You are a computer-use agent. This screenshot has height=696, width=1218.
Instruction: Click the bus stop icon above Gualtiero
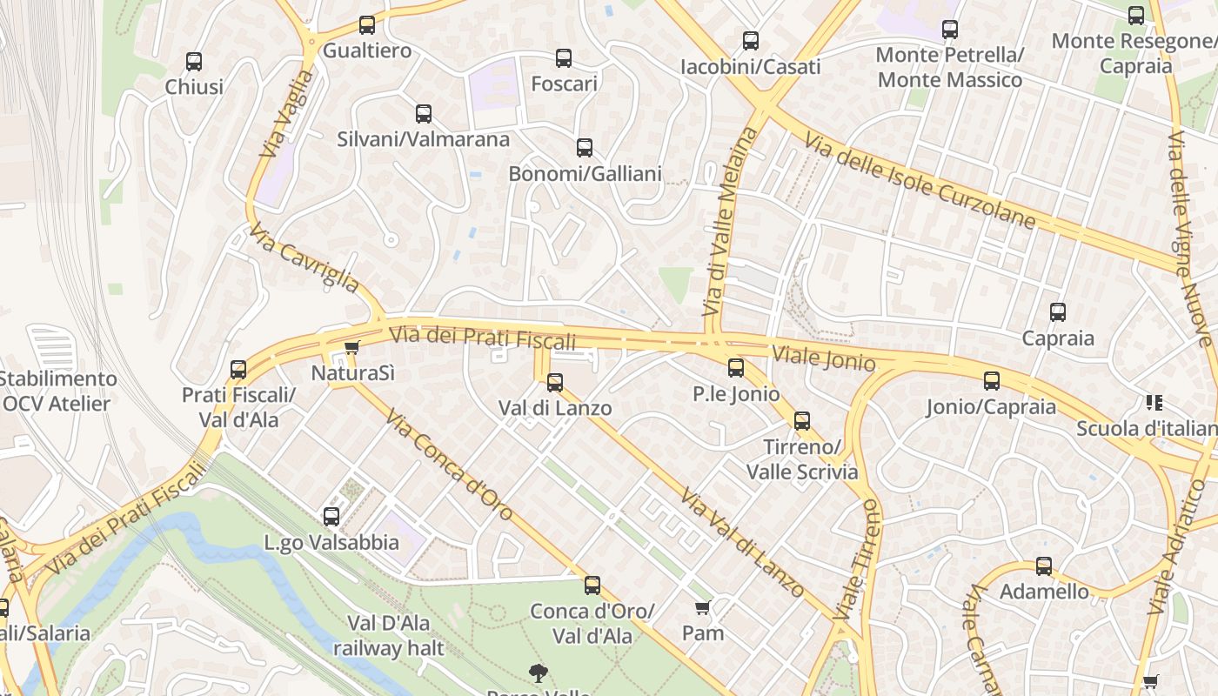click(367, 25)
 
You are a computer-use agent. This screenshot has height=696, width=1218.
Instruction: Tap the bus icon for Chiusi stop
click(194, 62)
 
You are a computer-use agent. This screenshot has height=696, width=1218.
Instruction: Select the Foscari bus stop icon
click(564, 58)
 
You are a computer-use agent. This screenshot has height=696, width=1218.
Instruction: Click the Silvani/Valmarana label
click(423, 139)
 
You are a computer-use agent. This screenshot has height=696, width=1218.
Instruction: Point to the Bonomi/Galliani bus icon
click(585, 148)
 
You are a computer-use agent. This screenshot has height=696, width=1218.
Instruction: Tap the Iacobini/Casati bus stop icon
click(750, 41)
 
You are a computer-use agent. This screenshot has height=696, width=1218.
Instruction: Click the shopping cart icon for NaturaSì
click(351, 348)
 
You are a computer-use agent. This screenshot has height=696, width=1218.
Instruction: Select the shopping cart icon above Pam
click(703, 607)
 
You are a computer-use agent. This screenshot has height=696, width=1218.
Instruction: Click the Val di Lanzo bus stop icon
click(555, 383)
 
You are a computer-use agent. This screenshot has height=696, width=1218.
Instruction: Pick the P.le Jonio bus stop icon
click(736, 368)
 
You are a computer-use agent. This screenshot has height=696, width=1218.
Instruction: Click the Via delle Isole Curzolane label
click(920, 182)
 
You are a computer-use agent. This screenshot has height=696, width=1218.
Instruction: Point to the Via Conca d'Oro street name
click(449, 465)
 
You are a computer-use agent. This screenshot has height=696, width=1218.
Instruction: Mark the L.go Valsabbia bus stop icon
click(331, 517)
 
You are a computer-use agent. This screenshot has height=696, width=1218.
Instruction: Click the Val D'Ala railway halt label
click(388, 635)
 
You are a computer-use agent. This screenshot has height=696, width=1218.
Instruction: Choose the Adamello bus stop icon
click(1044, 566)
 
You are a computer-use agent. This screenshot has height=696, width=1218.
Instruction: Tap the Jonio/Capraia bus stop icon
click(992, 381)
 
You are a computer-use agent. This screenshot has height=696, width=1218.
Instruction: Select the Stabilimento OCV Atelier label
click(57, 391)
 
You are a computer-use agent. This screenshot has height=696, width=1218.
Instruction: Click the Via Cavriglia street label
click(304, 258)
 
